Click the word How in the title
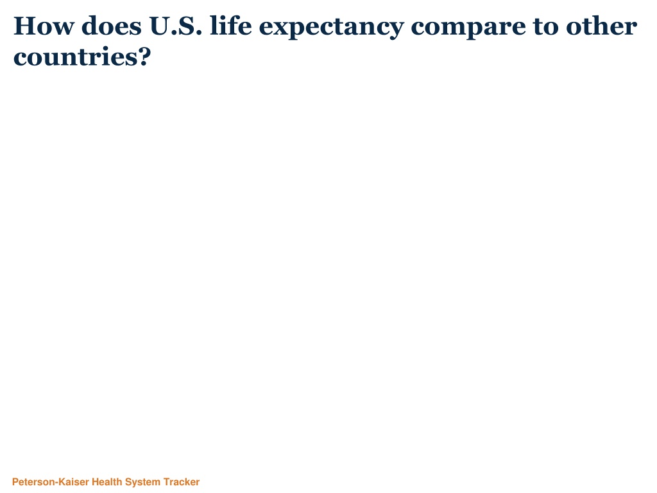[44, 26]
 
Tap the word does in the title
[112, 26]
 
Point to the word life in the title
[231, 26]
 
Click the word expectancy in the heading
[332, 28]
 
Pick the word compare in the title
[468, 28]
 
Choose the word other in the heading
[602, 26]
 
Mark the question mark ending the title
[142, 56]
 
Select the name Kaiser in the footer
[74, 482]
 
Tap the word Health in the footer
[107, 482]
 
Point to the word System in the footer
[143, 483]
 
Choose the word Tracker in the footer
[182, 482]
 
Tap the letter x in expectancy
[282, 28]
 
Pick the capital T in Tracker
[167, 482]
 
